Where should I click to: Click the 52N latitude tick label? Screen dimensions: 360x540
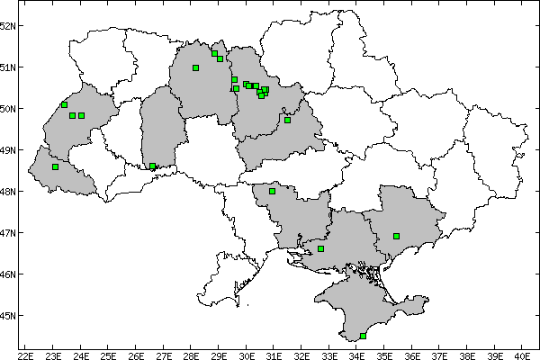[x=8, y=25]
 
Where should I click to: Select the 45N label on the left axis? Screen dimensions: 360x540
[x=8, y=316]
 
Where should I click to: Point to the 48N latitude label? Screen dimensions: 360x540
[x=8, y=192]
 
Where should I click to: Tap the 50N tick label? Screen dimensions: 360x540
[x=8, y=109]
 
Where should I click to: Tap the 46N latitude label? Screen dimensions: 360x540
[x=8, y=274]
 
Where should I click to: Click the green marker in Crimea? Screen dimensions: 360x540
[x=363, y=336]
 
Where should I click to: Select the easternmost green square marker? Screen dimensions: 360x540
[x=396, y=236]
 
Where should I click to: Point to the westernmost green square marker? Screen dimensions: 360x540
[x=55, y=166]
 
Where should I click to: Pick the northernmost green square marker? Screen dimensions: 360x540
[x=214, y=53]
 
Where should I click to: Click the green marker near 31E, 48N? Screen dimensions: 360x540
[x=272, y=191]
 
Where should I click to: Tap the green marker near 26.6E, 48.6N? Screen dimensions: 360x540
[x=152, y=166]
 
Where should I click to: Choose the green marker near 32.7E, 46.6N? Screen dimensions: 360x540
[x=320, y=248]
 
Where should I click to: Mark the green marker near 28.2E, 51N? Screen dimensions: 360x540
[x=195, y=67]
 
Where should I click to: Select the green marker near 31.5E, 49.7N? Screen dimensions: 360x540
[x=287, y=120]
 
